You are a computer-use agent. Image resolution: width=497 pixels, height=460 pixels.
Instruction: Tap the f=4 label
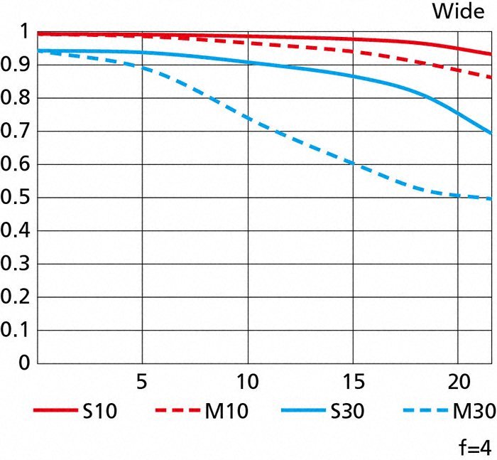coord(474,447)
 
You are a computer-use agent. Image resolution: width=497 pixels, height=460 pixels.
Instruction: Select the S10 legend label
coord(105,412)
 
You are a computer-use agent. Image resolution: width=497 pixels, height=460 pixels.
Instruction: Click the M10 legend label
coord(228,412)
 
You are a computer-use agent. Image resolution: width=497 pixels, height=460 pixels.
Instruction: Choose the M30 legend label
coord(471,412)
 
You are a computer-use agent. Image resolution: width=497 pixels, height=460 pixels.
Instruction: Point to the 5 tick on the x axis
coord(142,381)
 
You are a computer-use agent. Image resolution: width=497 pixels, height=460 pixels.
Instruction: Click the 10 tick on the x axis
coord(247,381)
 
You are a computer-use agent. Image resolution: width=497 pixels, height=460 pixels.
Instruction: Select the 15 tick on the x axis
coord(352,381)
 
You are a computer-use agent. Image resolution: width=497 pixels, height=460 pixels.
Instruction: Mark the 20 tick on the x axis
coord(457,381)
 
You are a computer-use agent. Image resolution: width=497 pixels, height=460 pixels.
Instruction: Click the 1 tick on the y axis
coord(24,33)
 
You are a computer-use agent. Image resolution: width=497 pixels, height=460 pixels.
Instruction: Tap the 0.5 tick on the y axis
coord(16,198)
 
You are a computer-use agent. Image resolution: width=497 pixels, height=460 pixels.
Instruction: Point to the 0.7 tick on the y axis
coord(16,132)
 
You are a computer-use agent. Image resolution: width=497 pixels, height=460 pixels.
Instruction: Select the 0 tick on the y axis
coord(24,363)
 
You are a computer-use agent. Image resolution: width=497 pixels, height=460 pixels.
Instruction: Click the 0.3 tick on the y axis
coord(16,264)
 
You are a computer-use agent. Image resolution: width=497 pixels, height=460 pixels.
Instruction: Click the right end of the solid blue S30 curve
coord(491,133)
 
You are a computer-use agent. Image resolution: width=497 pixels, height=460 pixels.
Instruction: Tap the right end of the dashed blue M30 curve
coord(491,198)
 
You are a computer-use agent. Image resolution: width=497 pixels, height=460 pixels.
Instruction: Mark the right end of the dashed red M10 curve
coord(491,77)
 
